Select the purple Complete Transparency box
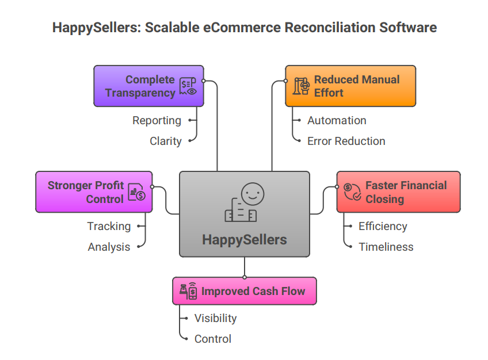148,86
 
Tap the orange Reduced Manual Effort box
350,86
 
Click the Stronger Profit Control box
94,192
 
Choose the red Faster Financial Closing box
398,192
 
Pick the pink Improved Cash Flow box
244,291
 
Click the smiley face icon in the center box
251,194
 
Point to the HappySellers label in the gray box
244,239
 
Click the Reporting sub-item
157,120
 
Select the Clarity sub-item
165,141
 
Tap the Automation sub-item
337,120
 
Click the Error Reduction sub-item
346,141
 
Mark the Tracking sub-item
109,226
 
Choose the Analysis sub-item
109,247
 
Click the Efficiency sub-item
383,226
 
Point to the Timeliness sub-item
386,247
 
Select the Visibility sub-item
215,318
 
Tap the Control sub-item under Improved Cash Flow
213,339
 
